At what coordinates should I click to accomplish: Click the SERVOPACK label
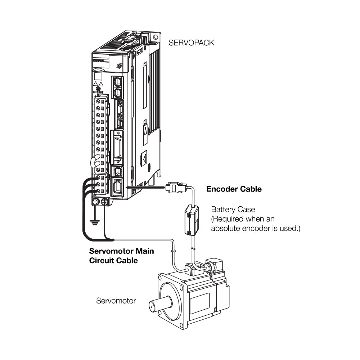(x=191, y=43)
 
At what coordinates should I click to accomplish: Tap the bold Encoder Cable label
(x=234, y=189)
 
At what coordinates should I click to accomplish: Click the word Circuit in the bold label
(x=103, y=260)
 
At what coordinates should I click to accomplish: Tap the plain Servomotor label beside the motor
(x=116, y=300)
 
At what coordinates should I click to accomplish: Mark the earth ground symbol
(x=95, y=223)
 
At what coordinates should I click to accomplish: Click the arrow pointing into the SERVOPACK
(x=144, y=187)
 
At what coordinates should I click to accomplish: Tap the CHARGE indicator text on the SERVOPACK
(x=98, y=92)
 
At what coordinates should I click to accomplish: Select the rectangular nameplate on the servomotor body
(x=200, y=303)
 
